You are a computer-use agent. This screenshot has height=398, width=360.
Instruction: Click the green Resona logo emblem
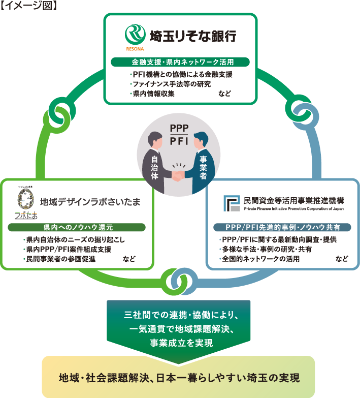click(135, 36)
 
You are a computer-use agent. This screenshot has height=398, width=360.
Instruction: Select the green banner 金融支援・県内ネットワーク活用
click(180, 63)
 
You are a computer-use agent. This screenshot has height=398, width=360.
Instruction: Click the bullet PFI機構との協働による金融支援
click(181, 75)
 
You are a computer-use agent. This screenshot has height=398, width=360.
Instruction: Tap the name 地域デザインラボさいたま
click(90, 201)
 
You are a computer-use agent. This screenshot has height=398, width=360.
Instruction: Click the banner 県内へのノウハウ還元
click(78, 227)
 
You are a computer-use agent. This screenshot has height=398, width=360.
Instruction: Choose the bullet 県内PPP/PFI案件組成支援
click(69, 249)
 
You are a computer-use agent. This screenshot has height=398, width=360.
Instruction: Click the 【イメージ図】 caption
click(29, 7)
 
